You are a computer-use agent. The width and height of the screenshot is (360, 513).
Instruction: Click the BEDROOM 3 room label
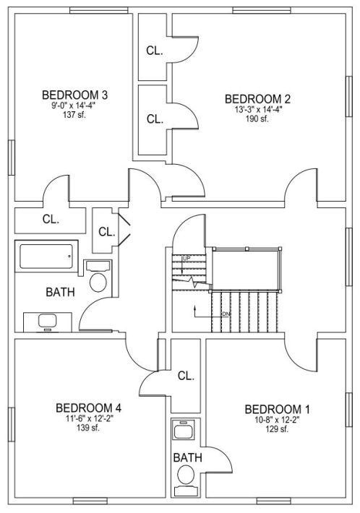(74, 95)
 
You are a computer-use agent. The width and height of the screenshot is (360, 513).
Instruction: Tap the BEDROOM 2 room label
(257, 99)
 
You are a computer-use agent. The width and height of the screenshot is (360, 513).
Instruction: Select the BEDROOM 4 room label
(88, 408)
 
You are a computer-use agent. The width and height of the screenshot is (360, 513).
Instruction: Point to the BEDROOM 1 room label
(277, 409)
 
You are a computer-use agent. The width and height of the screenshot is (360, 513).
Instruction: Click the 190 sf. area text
(257, 118)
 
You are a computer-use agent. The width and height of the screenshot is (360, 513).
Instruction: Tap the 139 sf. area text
(88, 428)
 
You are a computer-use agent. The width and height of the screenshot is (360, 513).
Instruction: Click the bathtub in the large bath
(46, 256)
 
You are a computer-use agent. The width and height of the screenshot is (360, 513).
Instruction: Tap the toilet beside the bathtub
(98, 277)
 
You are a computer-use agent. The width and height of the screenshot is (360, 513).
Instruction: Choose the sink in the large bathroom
(47, 321)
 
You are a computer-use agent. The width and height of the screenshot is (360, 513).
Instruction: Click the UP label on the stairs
(187, 259)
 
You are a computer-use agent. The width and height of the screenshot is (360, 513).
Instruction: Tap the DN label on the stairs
(226, 314)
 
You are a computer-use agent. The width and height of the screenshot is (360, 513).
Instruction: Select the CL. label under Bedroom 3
(51, 219)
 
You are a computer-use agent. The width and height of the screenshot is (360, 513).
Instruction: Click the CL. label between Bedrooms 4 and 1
(186, 376)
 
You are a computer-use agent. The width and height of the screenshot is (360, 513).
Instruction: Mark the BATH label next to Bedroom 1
(187, 457)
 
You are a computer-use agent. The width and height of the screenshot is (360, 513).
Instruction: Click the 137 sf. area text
(74, 114)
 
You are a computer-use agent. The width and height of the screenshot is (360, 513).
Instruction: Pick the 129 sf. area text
(277, 429)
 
